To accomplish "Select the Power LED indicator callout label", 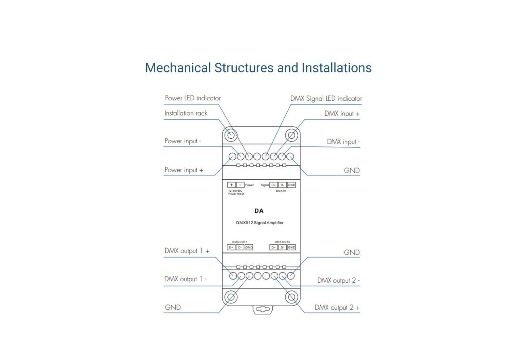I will (x=193, y=98).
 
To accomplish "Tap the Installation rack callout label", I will (x=186, y=113).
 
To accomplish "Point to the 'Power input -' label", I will (x=183, y=141).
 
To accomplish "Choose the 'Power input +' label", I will (x=183, y=170).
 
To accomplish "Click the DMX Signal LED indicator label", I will (x=326, y=98).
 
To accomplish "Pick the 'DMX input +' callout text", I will (x=342, y=114).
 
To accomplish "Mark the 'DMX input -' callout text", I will (x=343, y=142).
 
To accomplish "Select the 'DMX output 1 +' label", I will (x=187, y=251).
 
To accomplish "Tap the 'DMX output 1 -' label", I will (x=185, y=279).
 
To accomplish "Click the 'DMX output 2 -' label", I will (x=338, y=280).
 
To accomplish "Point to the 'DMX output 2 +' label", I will (x=337, y=308).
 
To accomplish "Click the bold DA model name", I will (x=259, y=211).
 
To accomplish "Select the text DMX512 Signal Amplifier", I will (x=260, y=222).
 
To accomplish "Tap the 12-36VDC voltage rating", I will (x=235, y=190).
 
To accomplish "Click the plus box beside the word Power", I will (x=231, y=185).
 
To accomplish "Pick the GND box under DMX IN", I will (x=291, y=185).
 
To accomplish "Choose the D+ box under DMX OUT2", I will (x=274, y=247).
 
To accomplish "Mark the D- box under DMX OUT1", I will (x=240, y=247).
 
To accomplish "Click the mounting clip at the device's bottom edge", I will (x=261, y=310).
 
